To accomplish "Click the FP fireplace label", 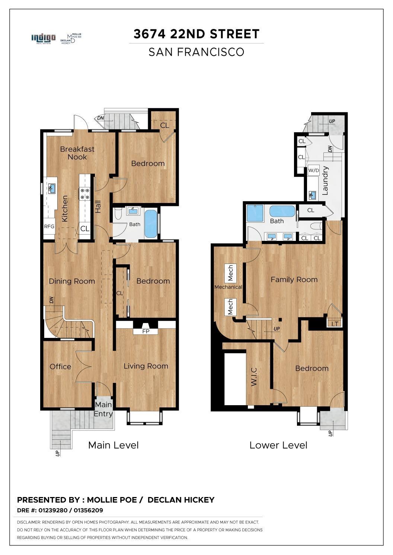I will (x=146, y=331).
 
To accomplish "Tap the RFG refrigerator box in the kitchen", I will (x=49, y=226).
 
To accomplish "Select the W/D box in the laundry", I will (x=314, y=171).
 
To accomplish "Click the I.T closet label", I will (x=335, y=324).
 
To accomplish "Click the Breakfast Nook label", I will (x=77, y=153).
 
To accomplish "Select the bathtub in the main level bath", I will (x=151, y=224).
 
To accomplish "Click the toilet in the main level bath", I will (x=118, y=214).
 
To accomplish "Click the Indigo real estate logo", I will (x=44, y=38).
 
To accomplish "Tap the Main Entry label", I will (x=103, y=409).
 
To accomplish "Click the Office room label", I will (x=60, y=367).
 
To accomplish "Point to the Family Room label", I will (x=294, y=280).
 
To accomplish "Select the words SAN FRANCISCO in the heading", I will (x=196, y=52).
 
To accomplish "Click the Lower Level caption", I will (x=278, y=445).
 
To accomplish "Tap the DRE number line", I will (x=60, y=510).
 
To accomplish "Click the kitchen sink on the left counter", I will (x=52, y=188).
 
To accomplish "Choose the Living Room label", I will (x=146, y=366).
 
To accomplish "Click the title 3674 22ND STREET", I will (x=196, y=34).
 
